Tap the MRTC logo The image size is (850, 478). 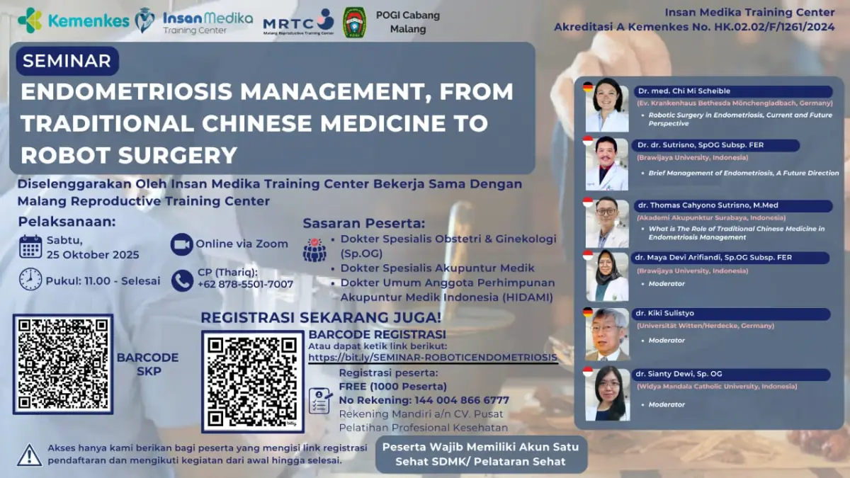(298, 22)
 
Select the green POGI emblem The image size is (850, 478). (354, 22)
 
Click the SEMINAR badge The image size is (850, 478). (67, 61)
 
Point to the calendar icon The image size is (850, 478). (30, 247)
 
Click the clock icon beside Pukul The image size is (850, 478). (30, 279)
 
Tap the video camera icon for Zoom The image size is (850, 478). (182, 244)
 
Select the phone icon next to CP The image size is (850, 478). (182, 280)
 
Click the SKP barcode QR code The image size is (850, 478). (63, 364)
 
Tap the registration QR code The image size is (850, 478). (253, 381)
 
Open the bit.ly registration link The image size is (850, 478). (433, 358)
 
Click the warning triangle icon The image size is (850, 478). (29, 454)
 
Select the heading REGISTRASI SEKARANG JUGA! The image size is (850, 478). (321, 317)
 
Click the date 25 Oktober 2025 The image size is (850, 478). (93, 255)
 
